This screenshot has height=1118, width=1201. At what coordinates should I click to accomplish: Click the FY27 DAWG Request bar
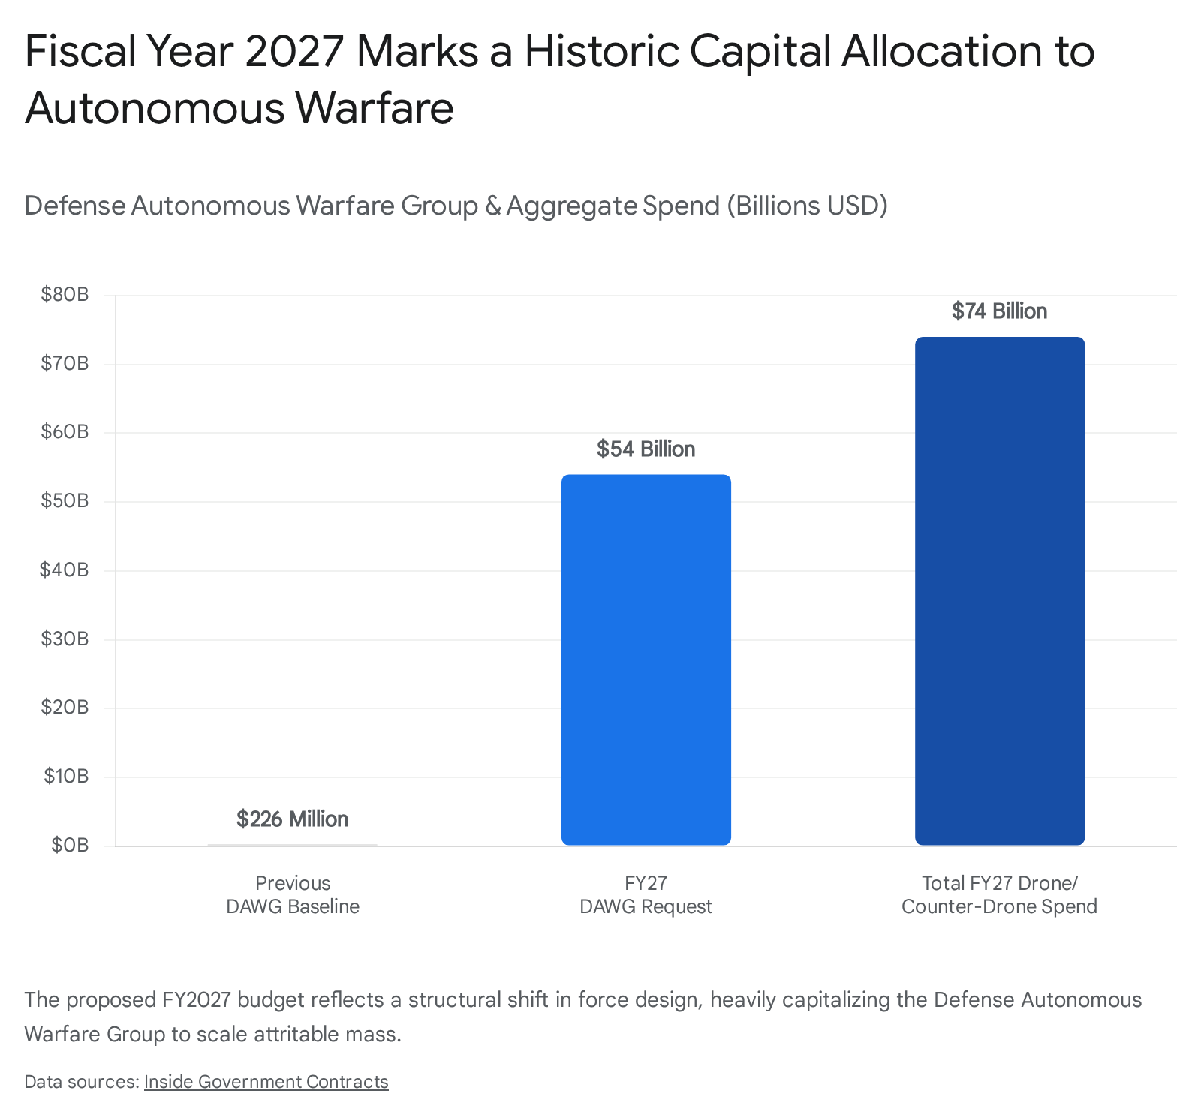(x=646, y=660)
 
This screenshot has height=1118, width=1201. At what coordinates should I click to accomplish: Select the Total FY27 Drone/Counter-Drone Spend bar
(x=1000, y=591)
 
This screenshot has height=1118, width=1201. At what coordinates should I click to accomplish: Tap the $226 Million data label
(x=293, y=819)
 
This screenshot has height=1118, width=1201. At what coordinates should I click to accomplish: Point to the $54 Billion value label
(x=646, y=449)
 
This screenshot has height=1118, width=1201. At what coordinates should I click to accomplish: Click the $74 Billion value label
(x=1000, y=311)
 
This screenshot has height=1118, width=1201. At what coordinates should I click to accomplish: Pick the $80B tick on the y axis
(x=65, y=294)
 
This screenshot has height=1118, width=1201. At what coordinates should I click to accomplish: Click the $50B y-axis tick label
(x=65, y=500)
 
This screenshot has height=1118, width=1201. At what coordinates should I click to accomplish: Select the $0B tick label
(x=70, y=845)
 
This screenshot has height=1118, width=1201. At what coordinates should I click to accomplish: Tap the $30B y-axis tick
(x=65, y=639)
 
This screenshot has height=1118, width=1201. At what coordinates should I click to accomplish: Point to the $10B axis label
(x=66, y=776)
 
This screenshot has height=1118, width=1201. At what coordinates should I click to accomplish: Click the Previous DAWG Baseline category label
(x=293, y=894)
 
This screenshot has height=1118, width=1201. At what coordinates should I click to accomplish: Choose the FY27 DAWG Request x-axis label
(x=646, y=894)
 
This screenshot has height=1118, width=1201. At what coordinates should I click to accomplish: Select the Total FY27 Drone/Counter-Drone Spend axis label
(x=1000, y=894)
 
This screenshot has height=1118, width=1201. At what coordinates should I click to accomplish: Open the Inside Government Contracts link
(x=266, y=1081)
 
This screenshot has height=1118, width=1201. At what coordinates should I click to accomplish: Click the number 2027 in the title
(x=293, y=51)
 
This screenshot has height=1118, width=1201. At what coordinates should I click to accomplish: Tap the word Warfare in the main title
(x=375, y=107)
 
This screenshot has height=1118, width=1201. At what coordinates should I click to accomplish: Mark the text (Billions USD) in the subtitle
(x=807, y=205)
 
